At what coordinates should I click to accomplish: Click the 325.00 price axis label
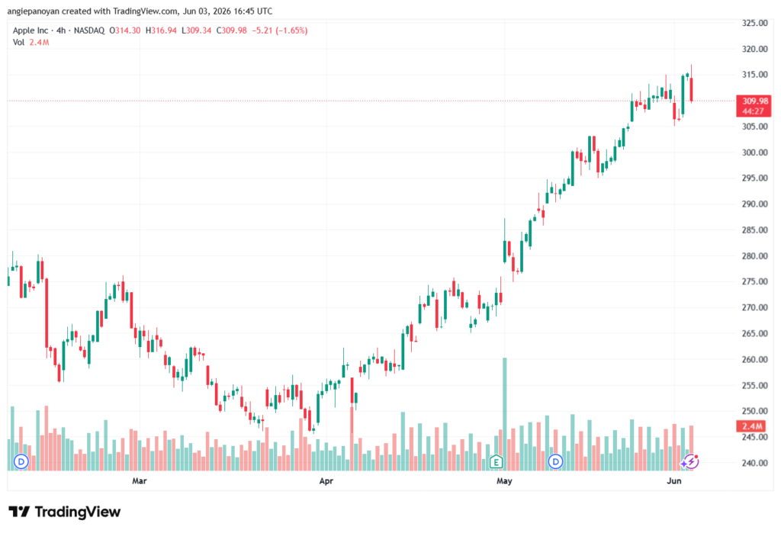754,23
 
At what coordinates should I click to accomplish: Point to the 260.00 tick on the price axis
754,359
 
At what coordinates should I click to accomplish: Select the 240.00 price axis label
754,463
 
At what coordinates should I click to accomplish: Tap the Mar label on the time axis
140,480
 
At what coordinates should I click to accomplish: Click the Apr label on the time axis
326,480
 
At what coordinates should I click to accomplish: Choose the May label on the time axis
505,480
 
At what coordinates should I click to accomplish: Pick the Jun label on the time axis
674,480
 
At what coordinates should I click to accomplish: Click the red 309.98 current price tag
754,105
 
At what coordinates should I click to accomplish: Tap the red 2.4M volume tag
751,426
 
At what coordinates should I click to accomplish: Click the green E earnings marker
496,462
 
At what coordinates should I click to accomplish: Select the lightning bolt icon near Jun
691,462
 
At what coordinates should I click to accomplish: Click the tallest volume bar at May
505,414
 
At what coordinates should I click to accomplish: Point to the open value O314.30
125,31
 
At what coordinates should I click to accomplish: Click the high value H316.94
161,31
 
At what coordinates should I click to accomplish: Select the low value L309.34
196,31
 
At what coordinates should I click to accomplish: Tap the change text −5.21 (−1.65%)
279,31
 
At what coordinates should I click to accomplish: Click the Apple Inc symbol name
31,31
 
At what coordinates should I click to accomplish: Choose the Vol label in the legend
18,43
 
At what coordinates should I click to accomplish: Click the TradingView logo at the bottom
64,512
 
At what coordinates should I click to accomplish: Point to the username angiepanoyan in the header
33,11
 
